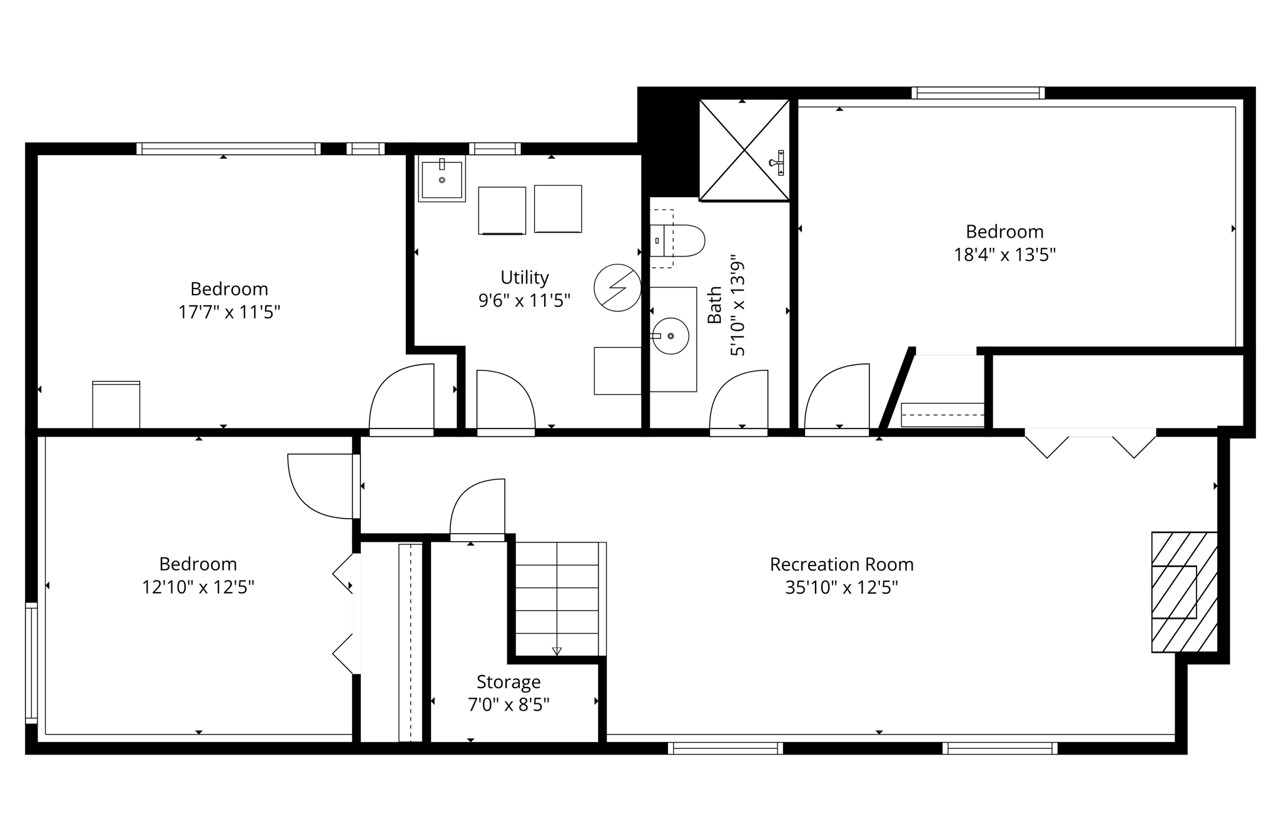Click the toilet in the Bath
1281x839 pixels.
pyautogui.click(x=682, y=240)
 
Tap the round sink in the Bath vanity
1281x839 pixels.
pyautogui.click(x=671, y=336)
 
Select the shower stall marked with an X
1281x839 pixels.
pyautogui.click(x=744, y=150)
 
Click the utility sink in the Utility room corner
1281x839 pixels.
pyautogui.click(x=442, y=179)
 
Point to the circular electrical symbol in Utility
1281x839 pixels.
pyautogui.click(x=617, y=288)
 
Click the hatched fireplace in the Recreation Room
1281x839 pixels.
pyautogui.click(x=1184, y=592)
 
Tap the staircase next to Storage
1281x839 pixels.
pyautogui.click(x=557, y=597)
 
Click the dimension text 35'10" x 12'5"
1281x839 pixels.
pyautogui.click(x=841, y=587)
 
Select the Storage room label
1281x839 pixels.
pyautogui.click(x=508, y=681)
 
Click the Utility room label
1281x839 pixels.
pyautogui.click(x=524, y=277)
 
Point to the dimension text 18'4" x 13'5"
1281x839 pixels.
pyautogui.click(x=1005, y=255)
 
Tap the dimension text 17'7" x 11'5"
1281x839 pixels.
pyautogui.click(x=229, y=312)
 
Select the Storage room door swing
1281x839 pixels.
pyautogui.click(x=477, y=507)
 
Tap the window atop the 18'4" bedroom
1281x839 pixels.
pyautogui.click(x=978, y=93)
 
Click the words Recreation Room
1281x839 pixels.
pyautogui.click(x=841, y=564)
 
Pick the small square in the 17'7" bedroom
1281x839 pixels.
pyautogui.click(x=116, y=404)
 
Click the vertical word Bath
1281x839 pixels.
pyautogui.click(x=714, y=305)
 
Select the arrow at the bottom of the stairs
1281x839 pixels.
pyautogui.click(x=557, y=651)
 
